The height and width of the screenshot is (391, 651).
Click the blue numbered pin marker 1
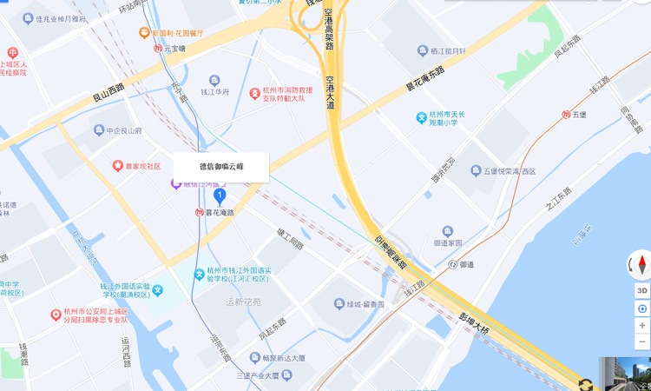point(220,196)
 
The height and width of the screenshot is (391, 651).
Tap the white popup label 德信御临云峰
point(221,167)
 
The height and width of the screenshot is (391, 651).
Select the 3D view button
point(642,290)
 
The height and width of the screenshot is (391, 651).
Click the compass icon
point(642,264)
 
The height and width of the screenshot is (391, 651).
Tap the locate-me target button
point(642,308)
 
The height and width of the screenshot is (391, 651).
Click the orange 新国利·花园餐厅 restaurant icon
point(144,33)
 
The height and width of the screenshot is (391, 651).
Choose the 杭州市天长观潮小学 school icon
point(421,116)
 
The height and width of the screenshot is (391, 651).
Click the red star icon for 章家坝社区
point(117,165)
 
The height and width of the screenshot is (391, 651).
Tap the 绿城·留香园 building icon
point(339,305)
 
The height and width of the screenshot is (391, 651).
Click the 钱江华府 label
point(214,92)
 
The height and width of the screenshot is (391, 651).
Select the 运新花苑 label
point(242,302)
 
